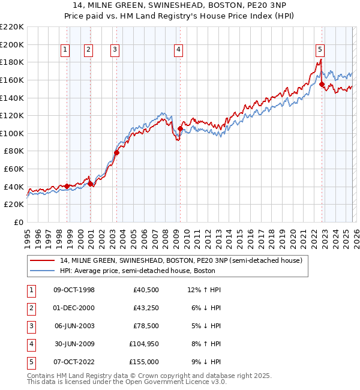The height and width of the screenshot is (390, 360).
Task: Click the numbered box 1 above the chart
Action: [65, 50]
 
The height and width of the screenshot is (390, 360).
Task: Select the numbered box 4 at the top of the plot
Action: [179, 50]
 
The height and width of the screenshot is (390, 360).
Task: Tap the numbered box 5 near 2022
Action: [320, 50]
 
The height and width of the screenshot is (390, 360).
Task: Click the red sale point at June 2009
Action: [181, 128]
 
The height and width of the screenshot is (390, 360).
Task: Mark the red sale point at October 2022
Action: [322, 85]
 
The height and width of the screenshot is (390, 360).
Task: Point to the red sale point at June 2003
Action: [117, 152]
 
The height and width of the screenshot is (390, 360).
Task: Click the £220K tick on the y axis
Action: [12, 27]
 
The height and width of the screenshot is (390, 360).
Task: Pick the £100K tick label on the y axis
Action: [12, 133]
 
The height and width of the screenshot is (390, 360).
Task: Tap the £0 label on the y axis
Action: [18, 222]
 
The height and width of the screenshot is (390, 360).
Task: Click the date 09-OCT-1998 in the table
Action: [74, 290]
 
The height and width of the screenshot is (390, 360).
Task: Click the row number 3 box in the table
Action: [29, 326]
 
